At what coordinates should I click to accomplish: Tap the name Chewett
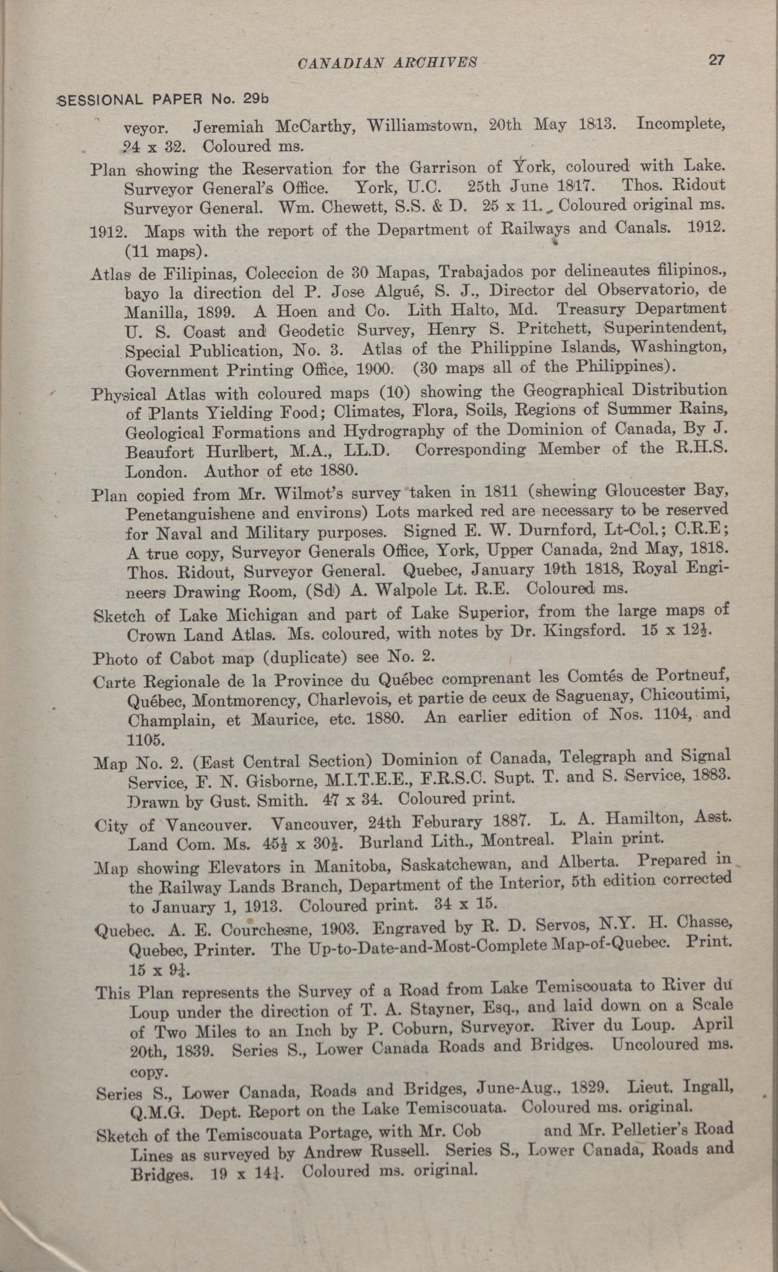coord(347,208)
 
